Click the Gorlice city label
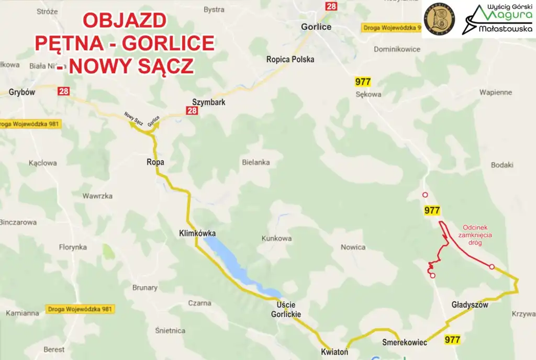point(316,27)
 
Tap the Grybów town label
point(21,92)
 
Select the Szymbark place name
point(209,102)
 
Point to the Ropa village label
point(155,162)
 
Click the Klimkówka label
point(197,233)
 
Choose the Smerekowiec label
point(405,342)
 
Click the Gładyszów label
point(470,305)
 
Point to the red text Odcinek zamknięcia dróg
point(477,235)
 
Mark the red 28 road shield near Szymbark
point(192,110)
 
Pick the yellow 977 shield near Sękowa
point(363,82)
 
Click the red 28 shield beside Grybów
point(63,91)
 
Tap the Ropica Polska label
point(291,59)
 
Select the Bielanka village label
point(256,162)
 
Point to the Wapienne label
point(495,92)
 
